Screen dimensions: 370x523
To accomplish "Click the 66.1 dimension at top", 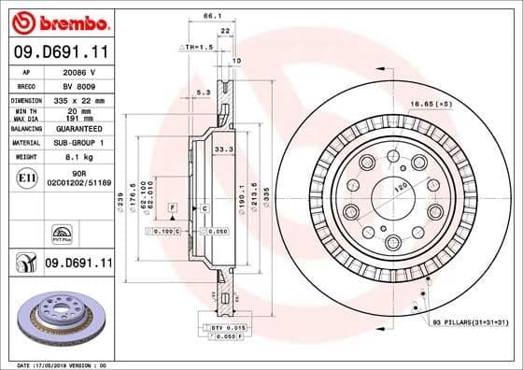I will click(x=212, y=16).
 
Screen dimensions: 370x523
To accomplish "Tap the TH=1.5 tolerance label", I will click(x=197, y=46).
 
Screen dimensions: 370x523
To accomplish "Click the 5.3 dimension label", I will click(x=203, y=92).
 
